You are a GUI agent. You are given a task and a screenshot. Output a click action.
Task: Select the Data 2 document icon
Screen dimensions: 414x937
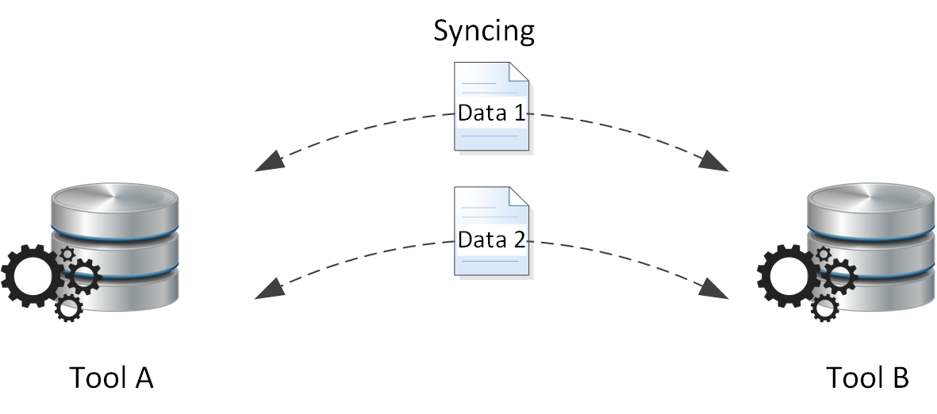tap(492, 232)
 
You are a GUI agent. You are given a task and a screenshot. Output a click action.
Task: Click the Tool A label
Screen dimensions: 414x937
tap(112, 378)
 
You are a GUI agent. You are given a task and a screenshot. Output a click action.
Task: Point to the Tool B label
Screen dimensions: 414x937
tap(868, 378)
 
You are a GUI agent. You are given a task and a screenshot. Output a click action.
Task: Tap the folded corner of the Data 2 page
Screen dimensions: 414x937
tap(520, 196)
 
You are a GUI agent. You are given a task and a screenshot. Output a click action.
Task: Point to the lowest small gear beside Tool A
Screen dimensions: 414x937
tap(69, 308)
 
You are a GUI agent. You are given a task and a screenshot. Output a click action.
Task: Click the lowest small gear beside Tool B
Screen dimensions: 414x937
tap(825, 308)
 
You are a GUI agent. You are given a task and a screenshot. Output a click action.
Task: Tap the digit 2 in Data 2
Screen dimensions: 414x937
tap(519, 239)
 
